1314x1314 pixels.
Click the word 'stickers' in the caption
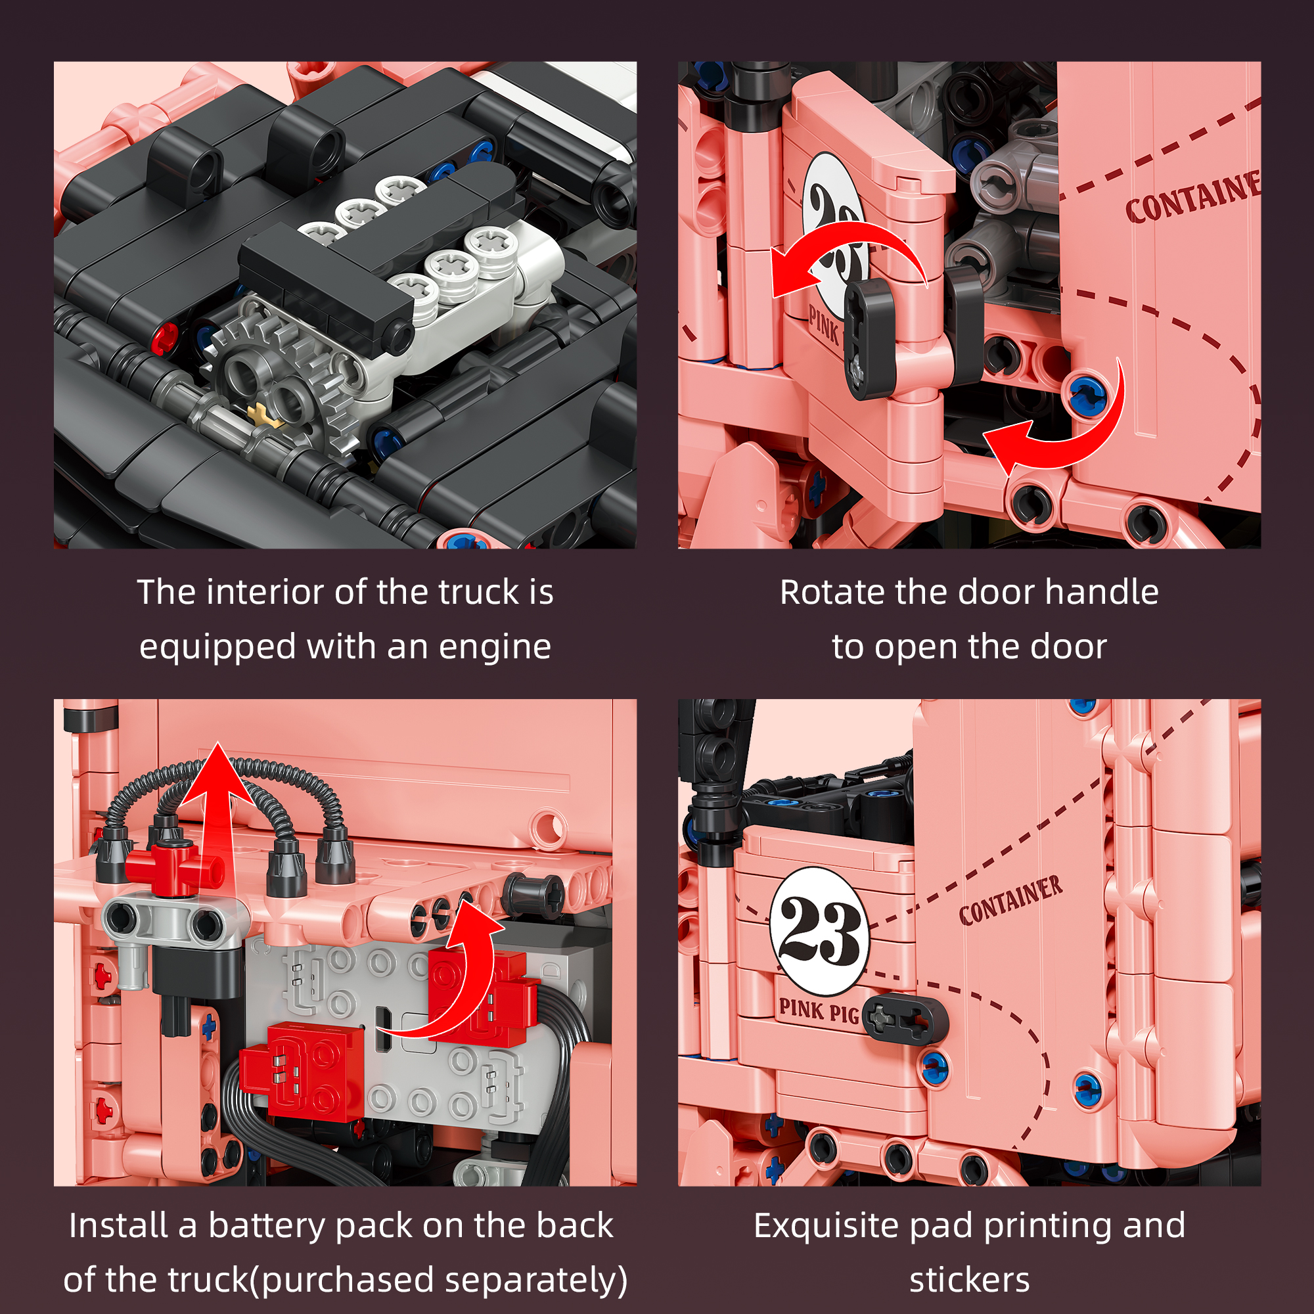(969, 1280)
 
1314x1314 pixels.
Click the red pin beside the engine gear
(166, 337)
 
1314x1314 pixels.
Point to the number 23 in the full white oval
(820, 932)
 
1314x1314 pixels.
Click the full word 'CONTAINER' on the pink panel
(1011, 900)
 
